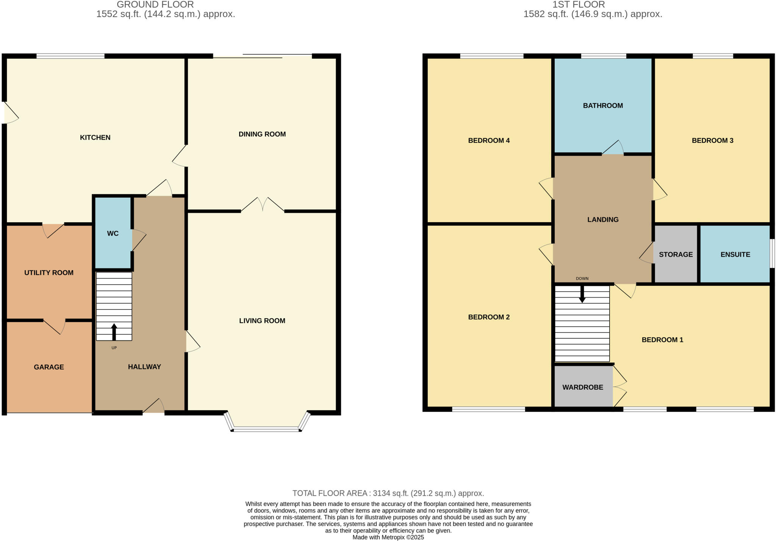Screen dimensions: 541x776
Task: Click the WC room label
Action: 113,234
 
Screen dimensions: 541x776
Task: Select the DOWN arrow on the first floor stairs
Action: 582,294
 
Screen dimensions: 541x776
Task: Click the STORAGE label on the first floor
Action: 676,254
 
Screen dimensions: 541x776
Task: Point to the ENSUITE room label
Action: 735,254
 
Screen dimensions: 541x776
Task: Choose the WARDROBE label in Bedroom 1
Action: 582,387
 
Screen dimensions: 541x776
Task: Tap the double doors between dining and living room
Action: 263,205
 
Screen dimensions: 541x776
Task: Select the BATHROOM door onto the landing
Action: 613,149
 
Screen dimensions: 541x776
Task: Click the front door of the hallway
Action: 154,407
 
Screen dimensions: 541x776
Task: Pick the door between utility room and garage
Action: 54,326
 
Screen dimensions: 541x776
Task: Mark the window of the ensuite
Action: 772,253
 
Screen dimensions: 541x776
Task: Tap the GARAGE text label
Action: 49,367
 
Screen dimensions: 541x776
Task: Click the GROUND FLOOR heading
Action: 155,5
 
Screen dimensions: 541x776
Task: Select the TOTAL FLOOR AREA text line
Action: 388,493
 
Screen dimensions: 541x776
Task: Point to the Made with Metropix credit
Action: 388,537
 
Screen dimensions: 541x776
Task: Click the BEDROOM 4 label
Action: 489,141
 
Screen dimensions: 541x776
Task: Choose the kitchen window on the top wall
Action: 70,56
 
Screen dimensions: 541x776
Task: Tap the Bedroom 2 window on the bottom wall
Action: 488,409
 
